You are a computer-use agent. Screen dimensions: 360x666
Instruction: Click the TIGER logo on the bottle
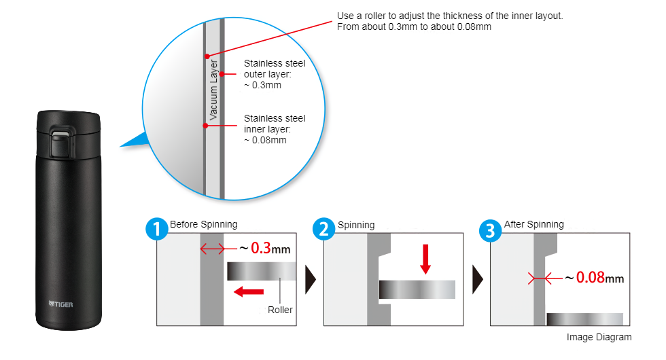60,304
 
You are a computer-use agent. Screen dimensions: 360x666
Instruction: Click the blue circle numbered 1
157,230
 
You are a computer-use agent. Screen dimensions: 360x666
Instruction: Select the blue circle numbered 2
324,230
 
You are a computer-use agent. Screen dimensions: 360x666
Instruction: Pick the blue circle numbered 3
491,230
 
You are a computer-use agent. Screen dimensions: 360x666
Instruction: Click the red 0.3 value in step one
262,249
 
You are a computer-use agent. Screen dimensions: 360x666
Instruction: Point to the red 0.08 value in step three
590,278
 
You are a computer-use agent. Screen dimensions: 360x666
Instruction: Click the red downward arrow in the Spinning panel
425,259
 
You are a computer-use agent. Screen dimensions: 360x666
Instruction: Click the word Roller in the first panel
280,310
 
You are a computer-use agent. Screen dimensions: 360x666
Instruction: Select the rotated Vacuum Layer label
213,90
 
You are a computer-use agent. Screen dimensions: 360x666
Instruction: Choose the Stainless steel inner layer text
274,129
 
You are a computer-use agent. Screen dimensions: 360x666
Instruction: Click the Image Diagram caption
599,337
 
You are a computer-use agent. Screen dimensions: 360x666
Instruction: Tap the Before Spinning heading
204,224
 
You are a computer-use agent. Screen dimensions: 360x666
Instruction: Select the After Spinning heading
533,224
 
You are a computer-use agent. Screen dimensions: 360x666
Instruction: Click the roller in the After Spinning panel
584,319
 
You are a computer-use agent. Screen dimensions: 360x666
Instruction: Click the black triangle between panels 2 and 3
478,278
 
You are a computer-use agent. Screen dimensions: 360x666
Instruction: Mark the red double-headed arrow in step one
213,249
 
